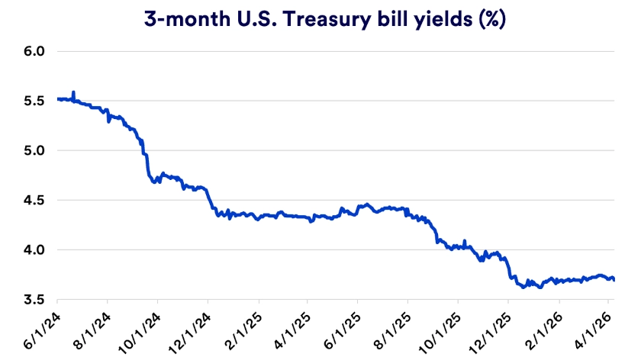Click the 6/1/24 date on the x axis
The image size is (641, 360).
pyautogui.click(x=47, y=328)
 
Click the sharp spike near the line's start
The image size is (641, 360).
pyautogui.click(x=73, y=92)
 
